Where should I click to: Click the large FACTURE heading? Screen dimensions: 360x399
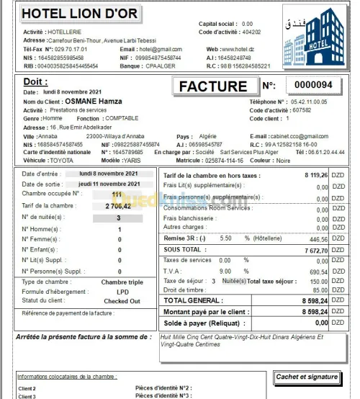pos(212,86)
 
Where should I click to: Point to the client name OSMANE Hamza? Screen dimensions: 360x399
pos(89,102)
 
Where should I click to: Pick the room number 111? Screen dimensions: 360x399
pos(117,194)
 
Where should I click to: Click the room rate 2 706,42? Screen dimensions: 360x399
pos(117,205)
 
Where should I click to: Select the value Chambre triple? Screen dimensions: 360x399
pos(122,282)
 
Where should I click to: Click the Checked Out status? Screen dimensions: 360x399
pos(122,300)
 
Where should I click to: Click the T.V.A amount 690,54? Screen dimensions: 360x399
pos(318,271)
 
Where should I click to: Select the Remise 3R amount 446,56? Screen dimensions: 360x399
pos(318,238)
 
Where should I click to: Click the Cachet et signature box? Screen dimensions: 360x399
pos(307,377)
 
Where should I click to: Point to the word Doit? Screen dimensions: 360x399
pos(35,82)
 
